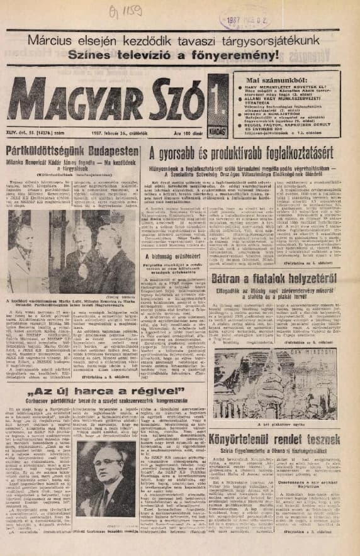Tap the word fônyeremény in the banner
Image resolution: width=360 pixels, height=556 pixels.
(x=247, y=58)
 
